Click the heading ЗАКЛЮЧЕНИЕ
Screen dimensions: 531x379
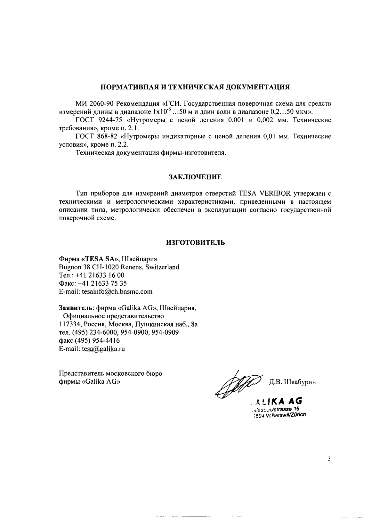[x=195, y=177]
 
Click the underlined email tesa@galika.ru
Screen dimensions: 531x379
[x=103, y=349]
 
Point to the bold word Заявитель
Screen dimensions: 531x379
[x=75, y=308]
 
